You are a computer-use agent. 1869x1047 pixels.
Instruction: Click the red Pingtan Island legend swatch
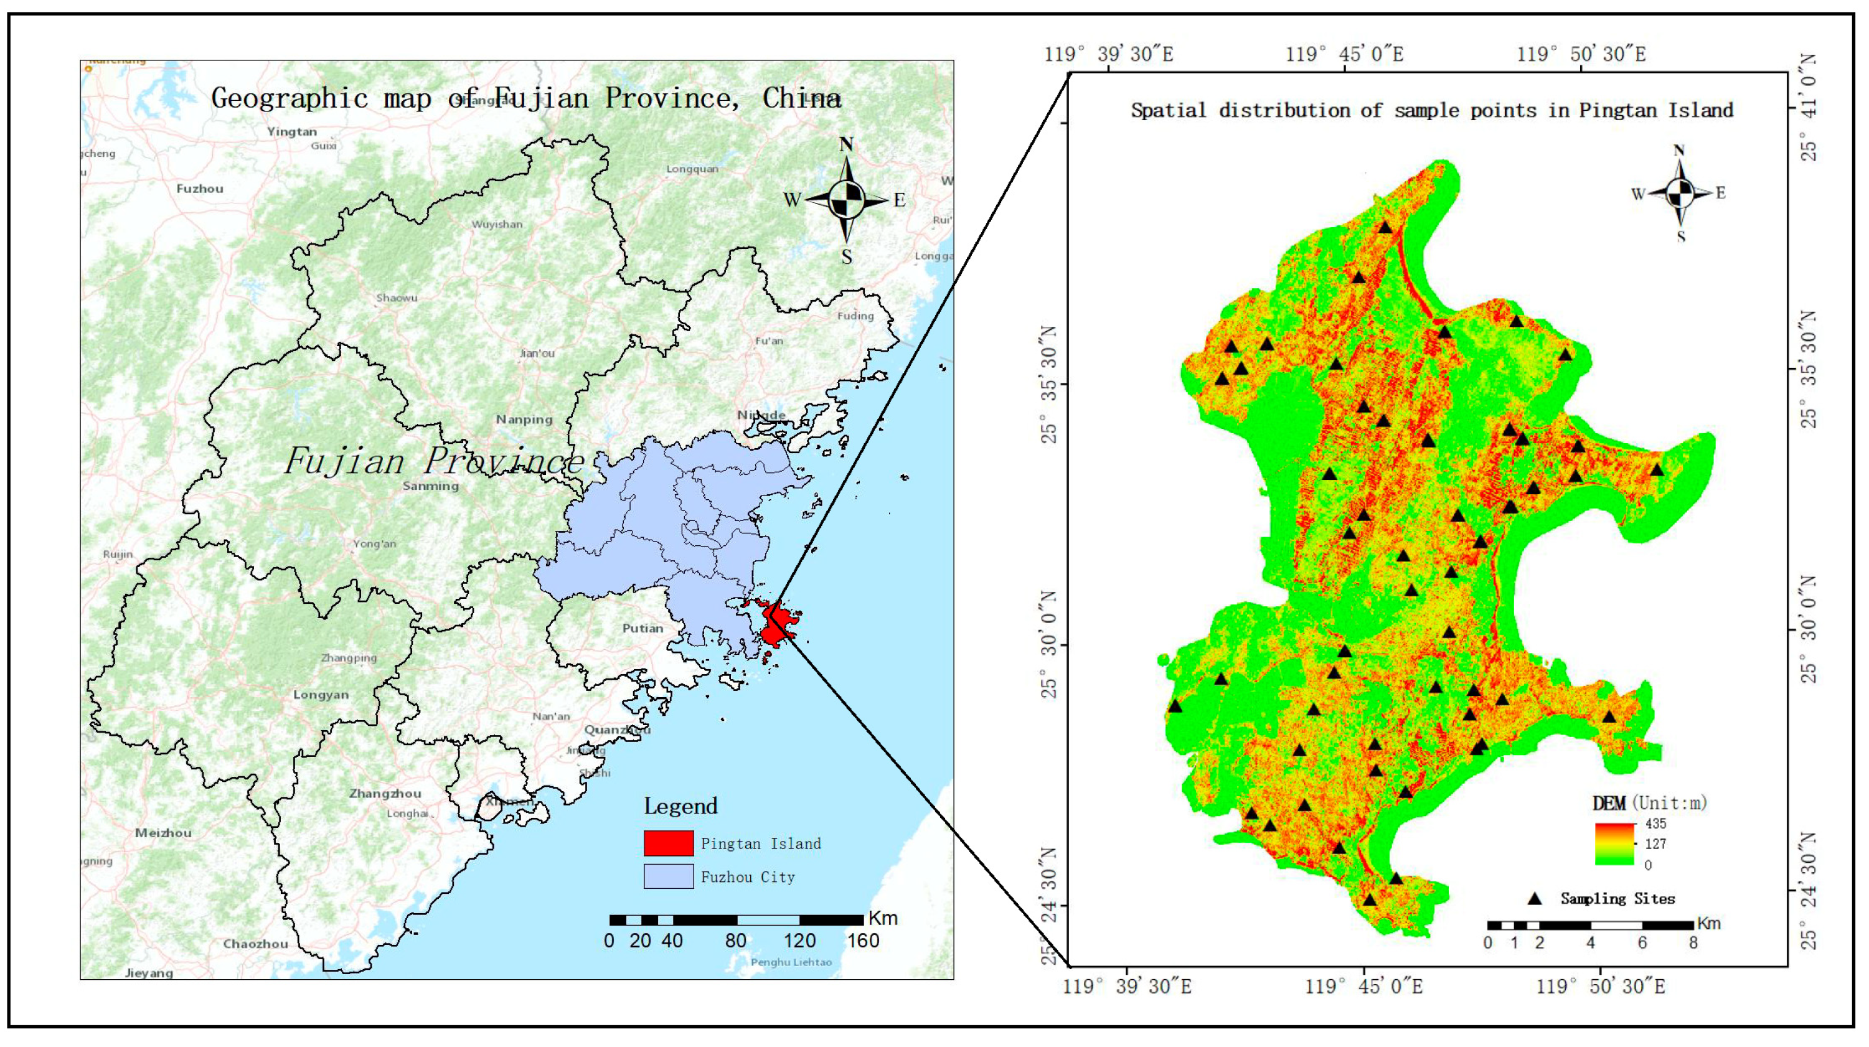pos(668,843)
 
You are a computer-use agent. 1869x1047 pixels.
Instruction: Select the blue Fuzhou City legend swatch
pos(668,876)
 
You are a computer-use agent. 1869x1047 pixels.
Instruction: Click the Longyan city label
pos(321,695)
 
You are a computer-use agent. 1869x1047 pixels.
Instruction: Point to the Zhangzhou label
pos(385,793)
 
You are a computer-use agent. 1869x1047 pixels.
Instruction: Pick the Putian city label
pos(642,628)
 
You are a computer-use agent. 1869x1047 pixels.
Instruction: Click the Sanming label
pos(430,486)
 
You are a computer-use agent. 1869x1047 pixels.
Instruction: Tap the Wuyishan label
pos(497,224)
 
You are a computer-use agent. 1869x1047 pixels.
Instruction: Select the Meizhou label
pos(163,833)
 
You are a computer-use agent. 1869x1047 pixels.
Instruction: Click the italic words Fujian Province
pos(434,461)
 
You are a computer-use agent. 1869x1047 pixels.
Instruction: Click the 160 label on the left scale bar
pos(863,941)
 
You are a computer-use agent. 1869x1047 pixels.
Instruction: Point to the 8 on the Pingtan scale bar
pos(1693,943)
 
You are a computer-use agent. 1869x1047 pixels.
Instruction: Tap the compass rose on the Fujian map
pos(846,199)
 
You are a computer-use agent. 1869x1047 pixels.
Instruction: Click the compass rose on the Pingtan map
pos(1680,193)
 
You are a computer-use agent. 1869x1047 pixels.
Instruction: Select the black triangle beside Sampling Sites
pos(1534,898)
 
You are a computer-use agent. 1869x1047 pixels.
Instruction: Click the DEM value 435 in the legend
pos(1655,824)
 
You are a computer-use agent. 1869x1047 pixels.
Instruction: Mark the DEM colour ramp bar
pos(1614,844)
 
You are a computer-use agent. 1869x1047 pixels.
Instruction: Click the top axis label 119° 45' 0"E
pos(1344,54)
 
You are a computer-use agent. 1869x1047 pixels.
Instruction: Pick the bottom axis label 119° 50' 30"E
pos(1600,987)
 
